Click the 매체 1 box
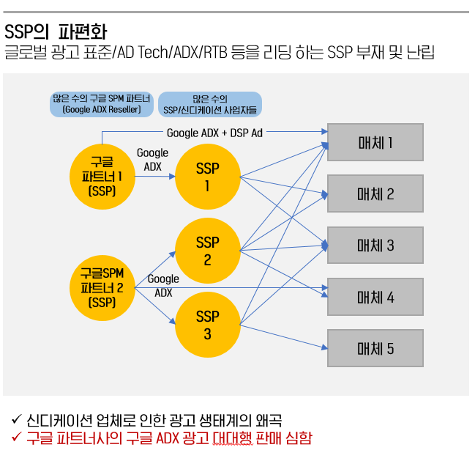tap(375, 142)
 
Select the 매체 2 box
tap(375, 193)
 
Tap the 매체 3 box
tap(375, 245)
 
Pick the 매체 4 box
tap(375, 297)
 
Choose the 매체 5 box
tap(375, 348)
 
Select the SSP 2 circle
tap(208, 251)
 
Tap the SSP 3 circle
tap(208, 325)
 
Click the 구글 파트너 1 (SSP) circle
tap(102, 177)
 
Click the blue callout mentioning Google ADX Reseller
tap(102, 104)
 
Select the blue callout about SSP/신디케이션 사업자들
tap(209, 104)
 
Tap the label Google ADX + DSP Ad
tap(214, 133)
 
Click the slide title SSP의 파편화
tap(56, 32)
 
